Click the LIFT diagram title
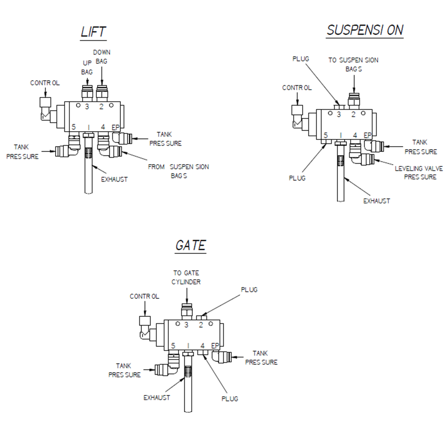click(x=93, y=32)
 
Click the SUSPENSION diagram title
click(x=365, y=30)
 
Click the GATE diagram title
click(x=190, y=245)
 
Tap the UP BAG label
click(x=87, y=67)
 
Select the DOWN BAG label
click(x=101, y=57)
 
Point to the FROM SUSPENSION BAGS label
click(x=178, y=171)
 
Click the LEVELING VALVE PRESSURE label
click(x=419, y=172)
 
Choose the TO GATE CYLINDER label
click(x=186, y=277)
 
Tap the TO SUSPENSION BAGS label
click(x=353, y=64)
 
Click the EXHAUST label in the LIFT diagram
click(x=114, y=179)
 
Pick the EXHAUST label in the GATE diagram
click(x=157, y=398)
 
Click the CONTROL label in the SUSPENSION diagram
click(x=297, y=88)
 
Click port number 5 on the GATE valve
click(x=173, y=346)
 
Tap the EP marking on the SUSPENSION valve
click(x=368, y=135)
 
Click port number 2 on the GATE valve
click(x=201, y=325)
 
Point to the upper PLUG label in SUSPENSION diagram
click(x=301, y=59)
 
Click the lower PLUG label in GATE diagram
click(x=230, y=399)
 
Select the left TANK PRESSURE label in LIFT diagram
click(x=22, y=152)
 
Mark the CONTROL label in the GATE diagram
click(x=144, y=297)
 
